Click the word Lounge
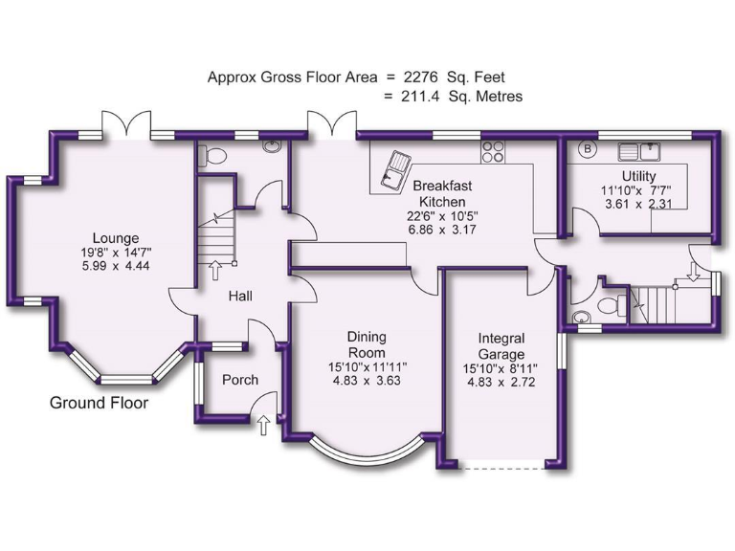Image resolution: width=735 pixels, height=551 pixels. (x=116, y=238)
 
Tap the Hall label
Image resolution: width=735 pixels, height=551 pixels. (x=239, y=298)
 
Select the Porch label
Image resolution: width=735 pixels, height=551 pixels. (x=239, y=380)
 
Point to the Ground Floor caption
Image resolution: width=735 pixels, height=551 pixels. (x=99, y=404)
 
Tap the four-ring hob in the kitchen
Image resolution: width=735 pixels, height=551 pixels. (x=494, y=151)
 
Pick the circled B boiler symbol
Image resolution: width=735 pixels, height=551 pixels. (x=588, y=150)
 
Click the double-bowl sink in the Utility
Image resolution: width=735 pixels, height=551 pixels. (x=641, y=150)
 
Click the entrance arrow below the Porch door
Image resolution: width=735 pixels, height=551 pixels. (x=263, y=424)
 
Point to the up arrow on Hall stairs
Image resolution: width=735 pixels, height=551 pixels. (x=214, y=270)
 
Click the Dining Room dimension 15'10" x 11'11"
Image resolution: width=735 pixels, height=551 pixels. (x=366, y=365)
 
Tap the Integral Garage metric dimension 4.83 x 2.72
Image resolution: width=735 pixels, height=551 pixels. (x=501, y=382)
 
